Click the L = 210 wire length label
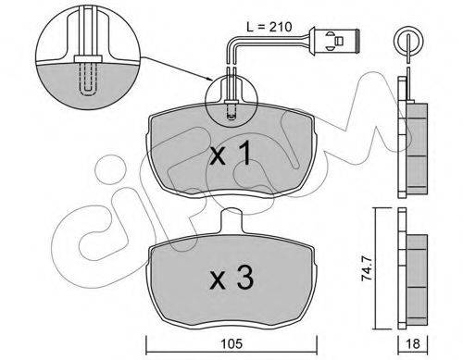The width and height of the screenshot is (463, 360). coord(269,27)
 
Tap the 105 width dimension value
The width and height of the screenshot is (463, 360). coord(231,343)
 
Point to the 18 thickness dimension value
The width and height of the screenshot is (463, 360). coord(413,343)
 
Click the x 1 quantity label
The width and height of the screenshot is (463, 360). coord(230,155)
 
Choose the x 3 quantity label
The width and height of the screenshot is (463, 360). coord(231,279)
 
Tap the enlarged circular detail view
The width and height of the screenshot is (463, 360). coord(86,55)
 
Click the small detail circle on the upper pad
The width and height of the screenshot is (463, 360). coord(231,100)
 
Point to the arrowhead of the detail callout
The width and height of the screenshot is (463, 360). coord(210,81)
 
